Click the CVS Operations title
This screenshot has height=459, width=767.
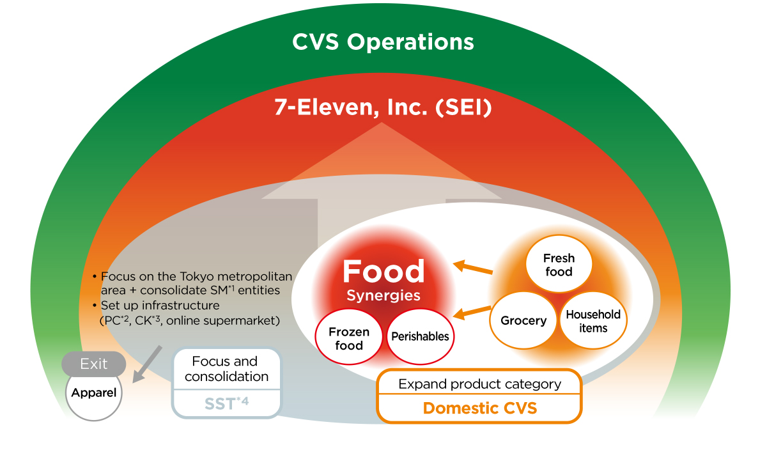pyautogui.click(x=383, y=42)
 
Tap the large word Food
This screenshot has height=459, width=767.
pyautogui.click(x=383, y=272)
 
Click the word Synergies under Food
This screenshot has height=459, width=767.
pyautogui.click(x=383, y=296)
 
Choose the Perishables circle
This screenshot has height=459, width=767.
pyautogui.click(x=420, y=336)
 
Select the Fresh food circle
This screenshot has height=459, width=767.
pyautogui.click(x=559, y=265)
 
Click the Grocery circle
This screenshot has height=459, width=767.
pyautogui.click(x=523, y=320)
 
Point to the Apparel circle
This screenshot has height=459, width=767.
pyautogui.click(x=93, y=393)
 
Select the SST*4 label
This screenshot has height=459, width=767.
pyautogui.click(x=226, y=403)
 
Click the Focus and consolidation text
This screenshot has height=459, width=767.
pyautogui.click(x=226, y=369)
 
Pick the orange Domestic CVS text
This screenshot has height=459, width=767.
pyautogui.click(x=479, y=408)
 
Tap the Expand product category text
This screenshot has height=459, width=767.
pyautogui.click(x=479, y=384)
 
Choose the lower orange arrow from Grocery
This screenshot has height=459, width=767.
pyautogui.click(x=474, y=311)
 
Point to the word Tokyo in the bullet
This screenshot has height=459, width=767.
pyautogui.click(x=196, y=276)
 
